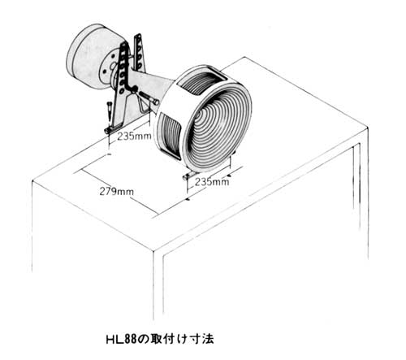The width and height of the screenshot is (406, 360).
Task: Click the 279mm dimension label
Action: pyautogui.click(x=117, y=192)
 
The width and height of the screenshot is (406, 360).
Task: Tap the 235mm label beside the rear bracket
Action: pyautogui.click(x=134, y=136)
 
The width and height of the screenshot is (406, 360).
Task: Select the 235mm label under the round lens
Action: pyautogui.click(x=212, y=181)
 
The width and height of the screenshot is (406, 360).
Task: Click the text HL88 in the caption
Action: pyautogui.click(x=122, y=340)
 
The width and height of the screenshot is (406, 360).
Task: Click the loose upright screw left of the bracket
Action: pyautogui.click(x=109, y=111)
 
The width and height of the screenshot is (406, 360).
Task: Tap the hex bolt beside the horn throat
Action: pyautogui.click(x=149, y=98)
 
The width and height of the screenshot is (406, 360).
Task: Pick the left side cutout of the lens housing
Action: pyautogui.click(x=169, y=136)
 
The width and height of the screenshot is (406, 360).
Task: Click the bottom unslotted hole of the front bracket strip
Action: pyautogui.click(x=122, y=90)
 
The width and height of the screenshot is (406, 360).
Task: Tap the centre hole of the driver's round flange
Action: pyautogui.click(x=112, y=66)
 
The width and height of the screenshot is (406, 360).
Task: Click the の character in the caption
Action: pyautogui.click(x=145, y=340)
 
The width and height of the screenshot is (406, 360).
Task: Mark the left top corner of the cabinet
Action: pyautogui.click(x=32, y=181)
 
